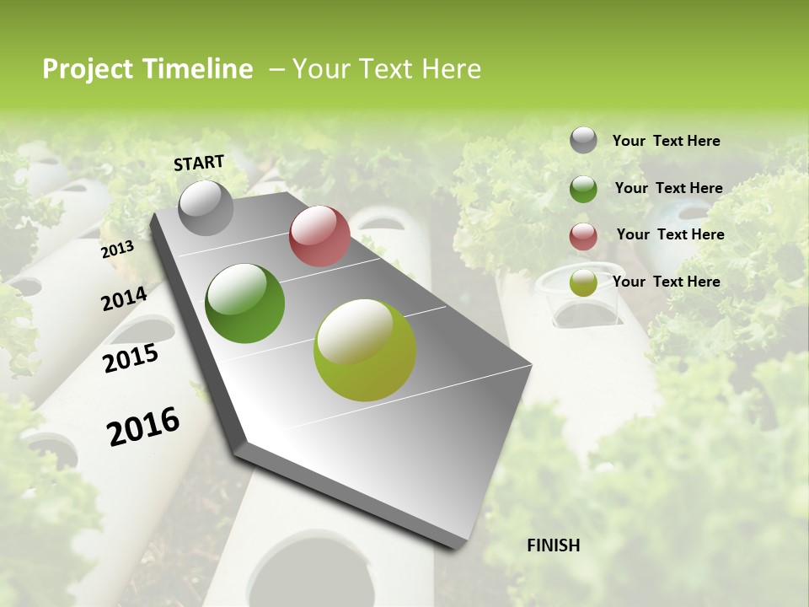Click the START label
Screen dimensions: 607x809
199,162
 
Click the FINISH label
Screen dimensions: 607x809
554,545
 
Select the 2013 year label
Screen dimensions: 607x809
117,250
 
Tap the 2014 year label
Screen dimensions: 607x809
124,298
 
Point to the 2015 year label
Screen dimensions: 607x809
131,358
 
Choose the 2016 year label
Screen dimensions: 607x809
143,427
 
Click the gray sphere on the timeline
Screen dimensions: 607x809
206,207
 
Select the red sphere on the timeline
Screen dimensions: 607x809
319,236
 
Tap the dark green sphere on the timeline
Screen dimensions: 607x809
244,303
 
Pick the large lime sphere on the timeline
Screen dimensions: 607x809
365,350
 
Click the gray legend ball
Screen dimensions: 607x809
583,141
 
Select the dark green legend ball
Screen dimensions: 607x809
583,189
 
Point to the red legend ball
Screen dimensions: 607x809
583,237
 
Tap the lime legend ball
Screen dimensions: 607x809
583,283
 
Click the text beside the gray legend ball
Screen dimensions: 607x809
666,141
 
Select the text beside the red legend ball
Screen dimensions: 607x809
670,234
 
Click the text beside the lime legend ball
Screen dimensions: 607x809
666,282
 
